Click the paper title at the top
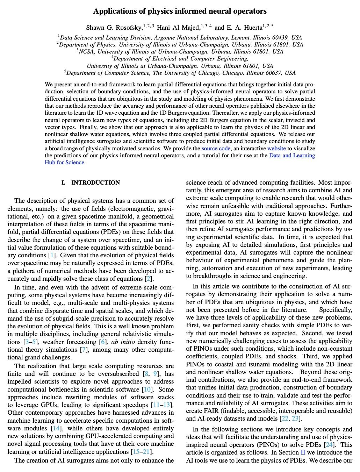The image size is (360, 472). pyautogui.click(x=180, y=11)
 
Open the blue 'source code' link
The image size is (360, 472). pyautogui.click(x=216, y=148)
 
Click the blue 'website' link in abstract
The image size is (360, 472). pyautogui.click(x=276, y=148)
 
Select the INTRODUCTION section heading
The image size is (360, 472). pyautogui.click(x=95, y=183)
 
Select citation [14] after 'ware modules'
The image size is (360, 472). pyautogui.click(x=56, y=428)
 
